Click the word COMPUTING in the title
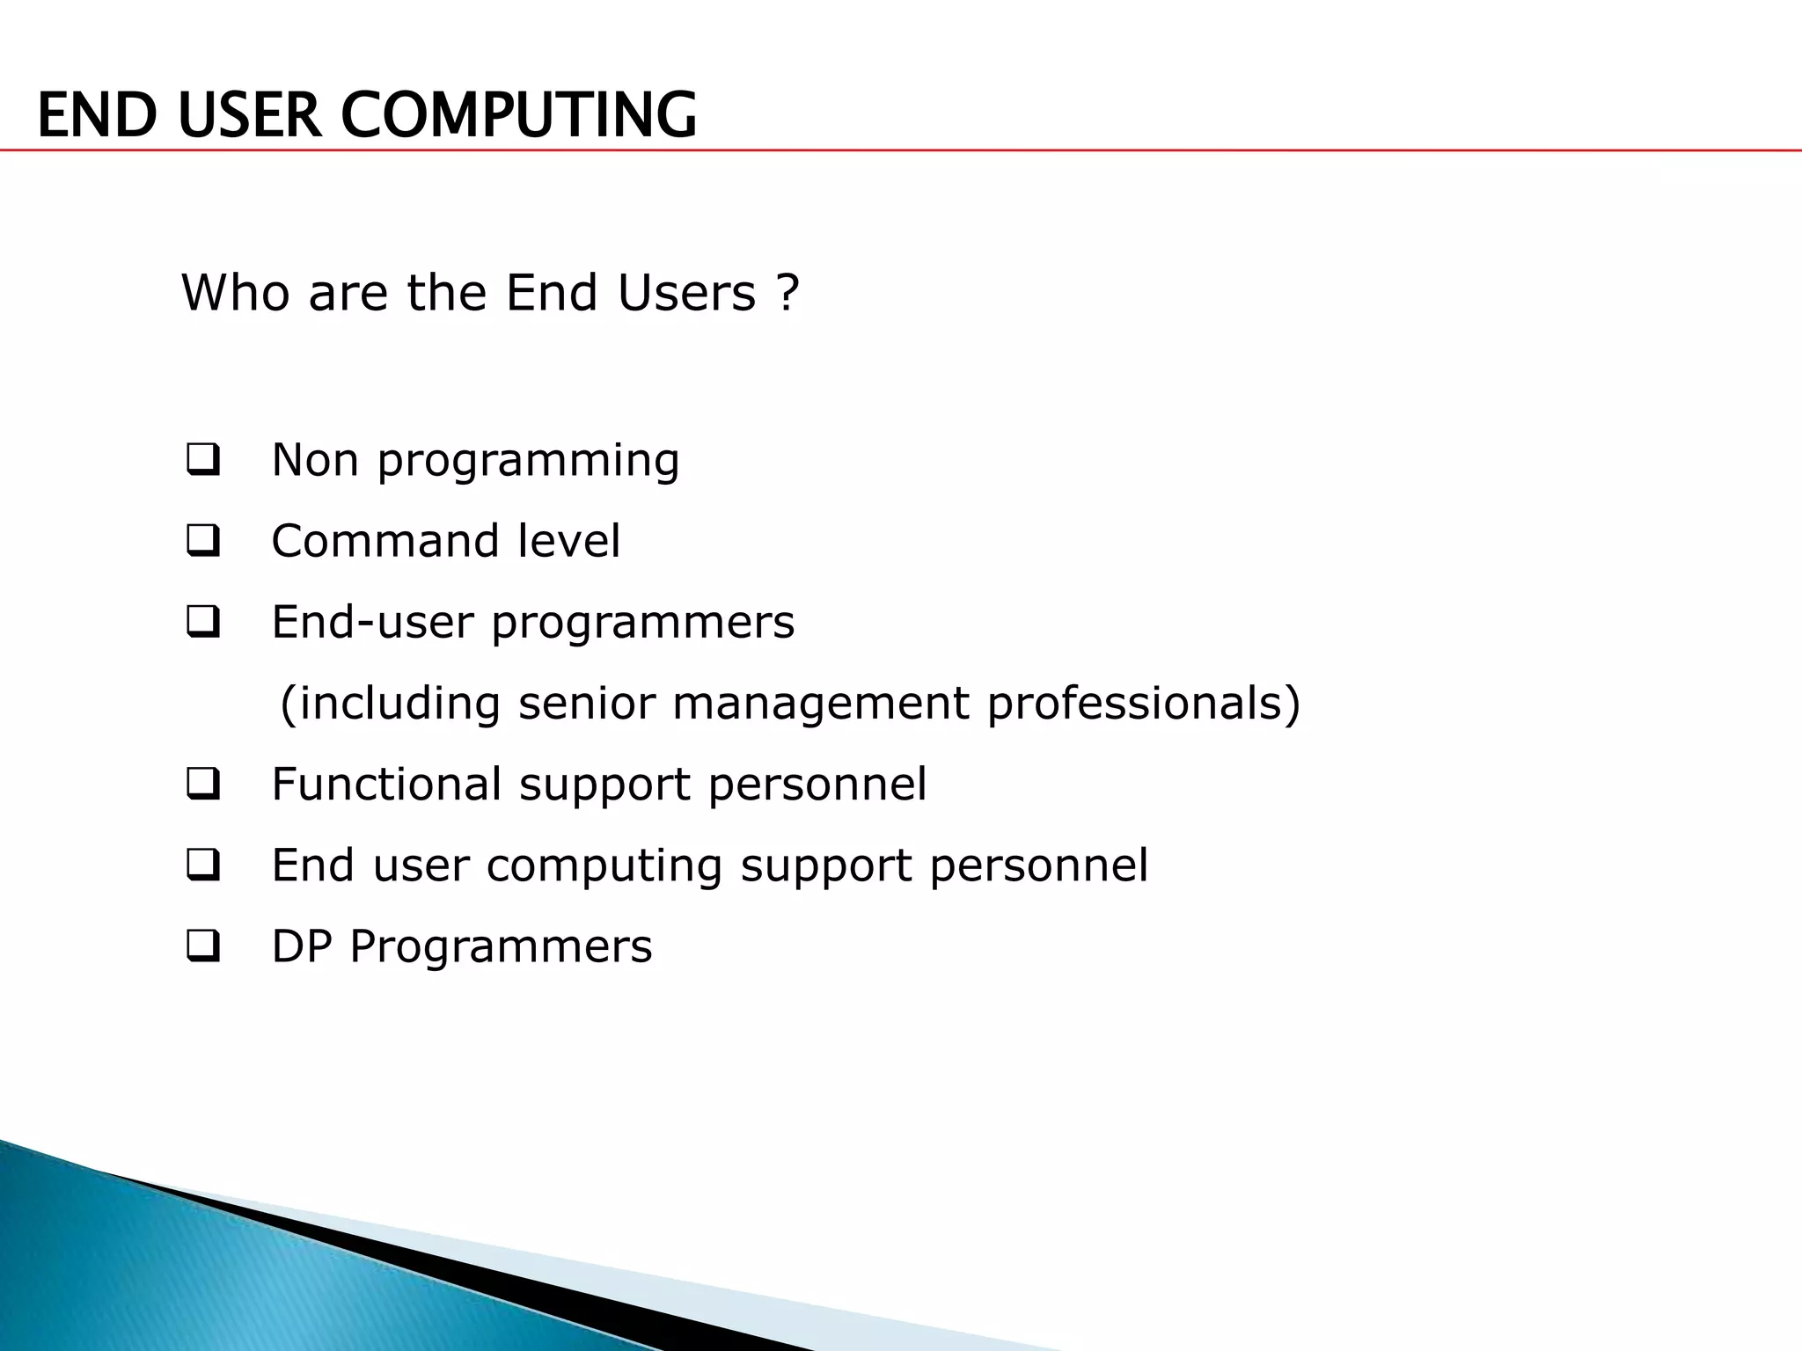tap(518, 115)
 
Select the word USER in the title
tap(250, 115)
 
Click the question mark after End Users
tap(788, 293)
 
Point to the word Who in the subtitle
tap(235, 293)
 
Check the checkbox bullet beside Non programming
tap(202, 460)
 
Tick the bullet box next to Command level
tap(202, 541)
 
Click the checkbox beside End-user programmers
tap(202, 623)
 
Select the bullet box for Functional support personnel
tap(202, 785)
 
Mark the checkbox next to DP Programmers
tap(202, 947)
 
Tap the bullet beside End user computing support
tap(202, 866)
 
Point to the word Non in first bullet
tap(315, 460)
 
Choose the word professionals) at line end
tap(1143, 704)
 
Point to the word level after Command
tap(568, 541)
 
